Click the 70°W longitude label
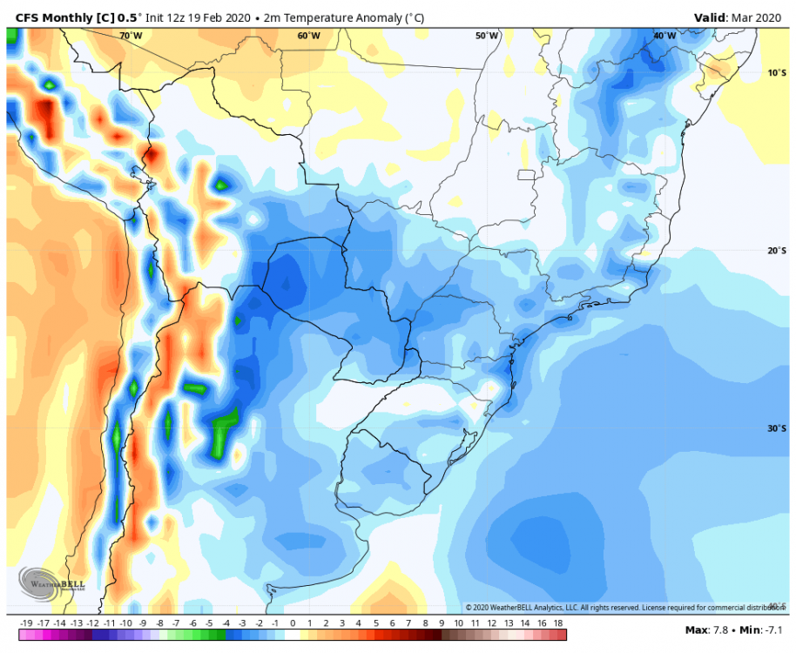click(131, 36)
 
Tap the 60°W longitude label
click(308, 36)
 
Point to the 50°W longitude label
click(487, 36)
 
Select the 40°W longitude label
click(664, 36)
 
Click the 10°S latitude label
click(777, 73)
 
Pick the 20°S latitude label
click(777, 251)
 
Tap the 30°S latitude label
click(777, 428)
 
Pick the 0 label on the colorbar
click(293, 623)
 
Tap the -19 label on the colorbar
click(26, 623)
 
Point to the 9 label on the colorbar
click(442, 623)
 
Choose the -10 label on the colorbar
click(126, 623)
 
